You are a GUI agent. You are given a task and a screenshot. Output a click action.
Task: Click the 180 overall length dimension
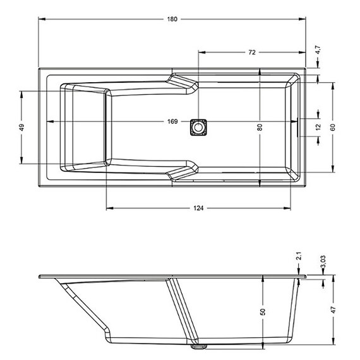tap(172, 19)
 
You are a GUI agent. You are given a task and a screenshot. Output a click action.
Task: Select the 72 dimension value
tap(252, 52)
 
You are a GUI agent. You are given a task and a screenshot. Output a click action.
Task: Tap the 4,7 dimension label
tap(318, 50)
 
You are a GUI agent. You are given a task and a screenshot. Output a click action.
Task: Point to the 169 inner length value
tap(172, 121)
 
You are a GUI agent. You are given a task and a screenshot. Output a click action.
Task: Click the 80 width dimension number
tap(260, 127)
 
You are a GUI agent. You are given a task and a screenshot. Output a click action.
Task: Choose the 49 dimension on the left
tap(21, 127)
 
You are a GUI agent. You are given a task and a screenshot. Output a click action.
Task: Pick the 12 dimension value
tap(318, 127)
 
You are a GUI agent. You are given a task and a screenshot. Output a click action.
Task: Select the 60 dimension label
tap(333, 127)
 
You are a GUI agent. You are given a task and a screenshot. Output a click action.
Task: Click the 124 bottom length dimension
tap(198, 208)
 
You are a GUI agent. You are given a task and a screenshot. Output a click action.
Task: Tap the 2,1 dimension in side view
tap(299, 256)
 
